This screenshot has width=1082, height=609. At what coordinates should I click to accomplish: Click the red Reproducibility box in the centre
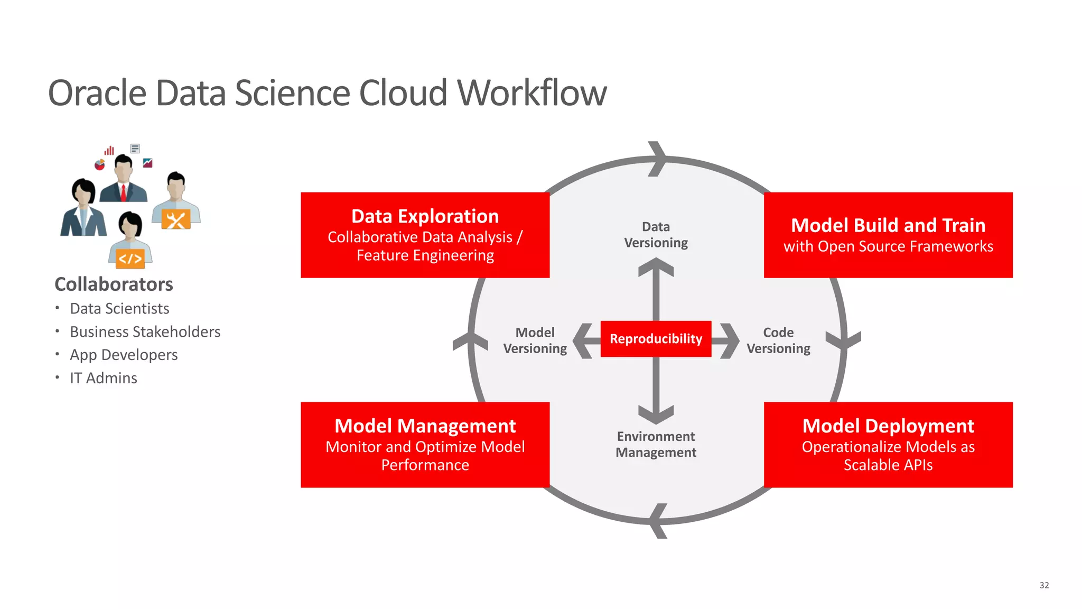coord(656,339)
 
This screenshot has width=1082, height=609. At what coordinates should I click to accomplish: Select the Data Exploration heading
coord(425,216)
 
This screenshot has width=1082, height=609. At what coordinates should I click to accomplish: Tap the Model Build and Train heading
coord(888,225)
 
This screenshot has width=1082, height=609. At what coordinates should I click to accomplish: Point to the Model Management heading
coord(425,426)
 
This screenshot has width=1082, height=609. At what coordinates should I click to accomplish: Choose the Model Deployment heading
coord(888,426)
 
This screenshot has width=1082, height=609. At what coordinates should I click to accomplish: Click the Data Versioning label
coord(656,235)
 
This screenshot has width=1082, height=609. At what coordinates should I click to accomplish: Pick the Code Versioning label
coord(778,340)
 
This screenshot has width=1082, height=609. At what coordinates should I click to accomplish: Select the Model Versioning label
coord(535,340)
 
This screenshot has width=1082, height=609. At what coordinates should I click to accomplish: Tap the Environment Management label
coord(656,445)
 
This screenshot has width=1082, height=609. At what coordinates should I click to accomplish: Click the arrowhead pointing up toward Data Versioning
coord(656,266)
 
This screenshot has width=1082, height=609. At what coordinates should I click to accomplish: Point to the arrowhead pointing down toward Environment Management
coord(656,414)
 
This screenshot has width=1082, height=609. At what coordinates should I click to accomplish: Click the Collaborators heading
coord(114,284)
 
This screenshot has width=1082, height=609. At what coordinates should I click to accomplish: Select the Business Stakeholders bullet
coord(145,332)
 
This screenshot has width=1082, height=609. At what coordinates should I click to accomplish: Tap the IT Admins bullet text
coord(104,379)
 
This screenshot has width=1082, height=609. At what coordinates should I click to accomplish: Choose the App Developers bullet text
coord(124,355)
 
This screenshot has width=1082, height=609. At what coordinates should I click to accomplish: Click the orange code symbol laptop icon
coord(130,259)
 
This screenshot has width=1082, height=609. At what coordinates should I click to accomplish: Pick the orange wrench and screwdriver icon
coord(175,220)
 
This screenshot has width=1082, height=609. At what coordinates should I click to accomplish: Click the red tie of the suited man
coord(123,192)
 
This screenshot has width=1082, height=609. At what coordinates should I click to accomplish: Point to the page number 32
coord(1044,585)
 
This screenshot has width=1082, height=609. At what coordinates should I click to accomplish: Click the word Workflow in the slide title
coord(532,93)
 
